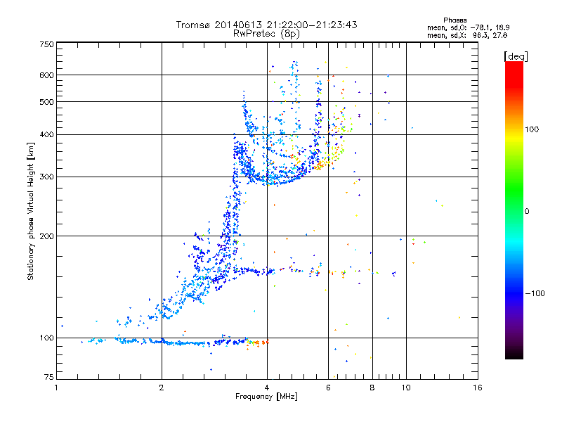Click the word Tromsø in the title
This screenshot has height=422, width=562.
point(194,25)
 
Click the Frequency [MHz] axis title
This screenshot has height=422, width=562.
point(267,397)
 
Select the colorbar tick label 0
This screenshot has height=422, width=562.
point(528,211)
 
